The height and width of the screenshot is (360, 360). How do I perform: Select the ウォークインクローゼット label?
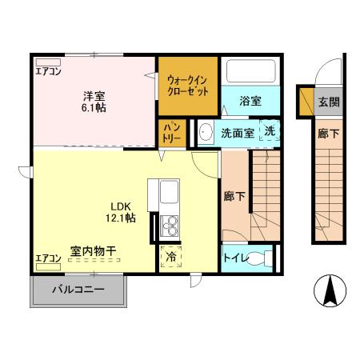(188, 86)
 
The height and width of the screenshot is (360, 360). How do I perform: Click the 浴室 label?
(250, 101)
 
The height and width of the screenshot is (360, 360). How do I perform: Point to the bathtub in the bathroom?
(250, 72)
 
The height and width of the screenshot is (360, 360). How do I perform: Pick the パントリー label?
(171, 133)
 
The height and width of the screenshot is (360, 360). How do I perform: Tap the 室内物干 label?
(93, 251)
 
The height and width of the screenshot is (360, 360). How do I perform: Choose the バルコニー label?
(78, 290)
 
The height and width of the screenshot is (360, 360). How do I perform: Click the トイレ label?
(235, 258)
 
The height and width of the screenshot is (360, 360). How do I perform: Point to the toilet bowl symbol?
(259, 258)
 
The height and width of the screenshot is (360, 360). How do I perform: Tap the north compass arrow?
(329, 290)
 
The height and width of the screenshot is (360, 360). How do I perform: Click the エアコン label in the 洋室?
(48, 70)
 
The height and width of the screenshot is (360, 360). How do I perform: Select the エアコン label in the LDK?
(48, 258)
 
